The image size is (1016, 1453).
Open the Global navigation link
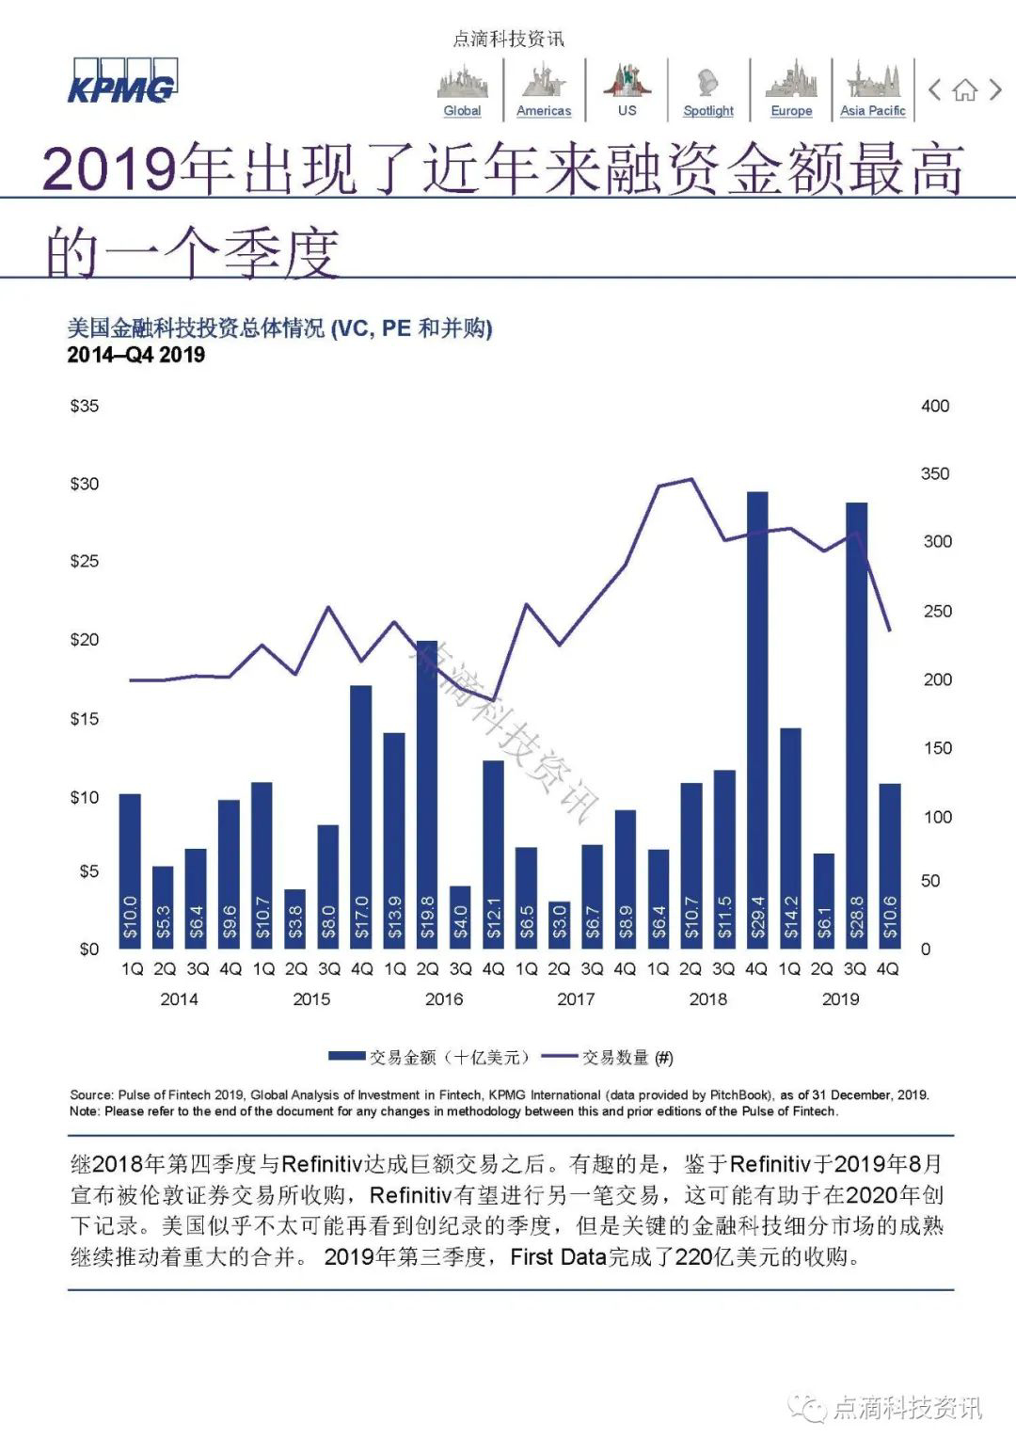pos(462,110)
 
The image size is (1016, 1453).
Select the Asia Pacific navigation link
pos(872,110)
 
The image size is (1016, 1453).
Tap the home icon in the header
pos(964,90)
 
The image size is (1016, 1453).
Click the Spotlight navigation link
pos(708,110)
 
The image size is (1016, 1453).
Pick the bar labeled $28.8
pos(856,725)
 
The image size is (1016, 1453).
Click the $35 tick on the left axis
pos(85,407)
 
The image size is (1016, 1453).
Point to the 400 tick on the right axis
pos(935,407)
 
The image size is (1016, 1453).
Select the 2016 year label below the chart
pos(444,998)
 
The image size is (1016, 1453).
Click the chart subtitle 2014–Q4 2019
pos(135,355)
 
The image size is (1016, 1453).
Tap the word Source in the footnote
pos(90,1094)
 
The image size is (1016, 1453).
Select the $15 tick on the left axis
pos(85,719)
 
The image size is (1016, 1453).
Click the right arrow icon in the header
pos(995,90)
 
